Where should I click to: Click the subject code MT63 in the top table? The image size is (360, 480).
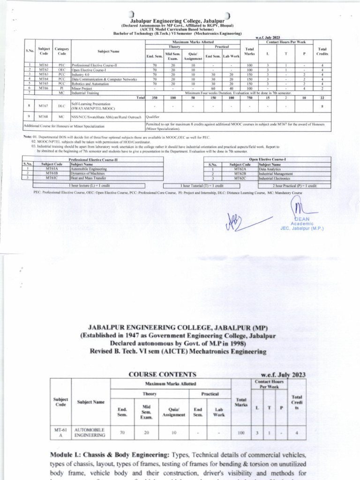point(44,74)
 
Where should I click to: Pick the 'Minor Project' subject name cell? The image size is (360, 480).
point(82,88)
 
